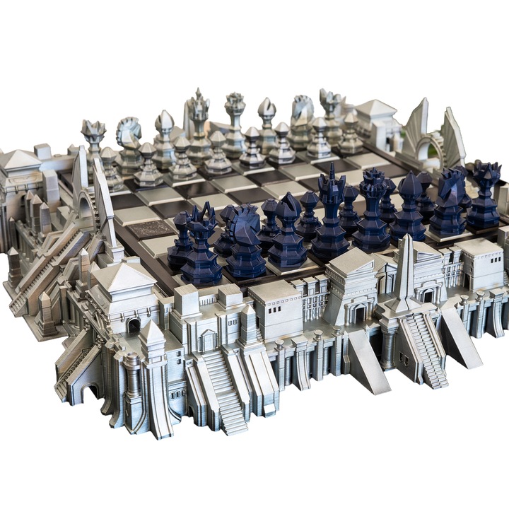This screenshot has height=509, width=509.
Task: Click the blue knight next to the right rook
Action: pos(448,201)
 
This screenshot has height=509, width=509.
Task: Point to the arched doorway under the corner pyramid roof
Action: pos(133,326)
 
